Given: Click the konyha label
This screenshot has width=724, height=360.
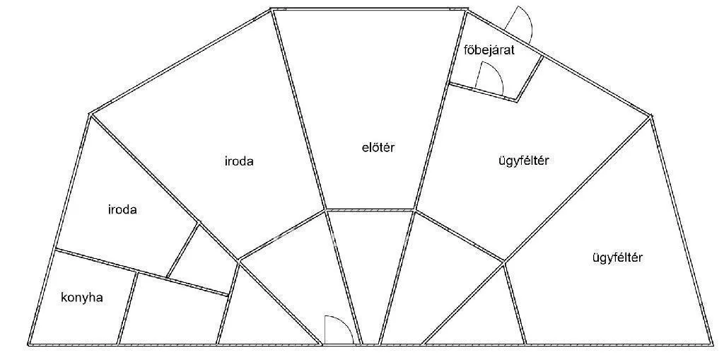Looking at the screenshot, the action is pos(82,298).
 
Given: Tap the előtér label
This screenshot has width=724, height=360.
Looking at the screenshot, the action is pos(379,148).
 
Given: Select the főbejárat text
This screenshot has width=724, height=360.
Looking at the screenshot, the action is pos(489,50).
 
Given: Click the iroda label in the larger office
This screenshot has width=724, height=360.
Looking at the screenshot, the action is pos(239,162).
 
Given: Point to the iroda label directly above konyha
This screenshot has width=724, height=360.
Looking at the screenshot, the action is pos(122,210).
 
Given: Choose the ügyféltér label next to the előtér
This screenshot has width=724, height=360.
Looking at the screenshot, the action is pos(524,161).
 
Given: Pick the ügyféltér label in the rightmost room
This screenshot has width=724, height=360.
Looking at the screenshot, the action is pos(617,257).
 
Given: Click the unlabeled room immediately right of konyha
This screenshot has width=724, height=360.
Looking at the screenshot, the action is pos(173,310).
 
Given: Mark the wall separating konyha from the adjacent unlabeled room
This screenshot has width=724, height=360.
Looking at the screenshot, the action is pos(127,308).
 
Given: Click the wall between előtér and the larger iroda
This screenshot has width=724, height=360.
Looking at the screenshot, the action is pos(299,110).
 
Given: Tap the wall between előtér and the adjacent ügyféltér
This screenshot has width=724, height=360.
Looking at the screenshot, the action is pos(440,110).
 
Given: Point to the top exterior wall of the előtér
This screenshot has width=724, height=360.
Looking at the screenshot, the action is pos(369,8).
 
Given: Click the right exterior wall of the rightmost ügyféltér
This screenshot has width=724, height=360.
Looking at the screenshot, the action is pos(682,230).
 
